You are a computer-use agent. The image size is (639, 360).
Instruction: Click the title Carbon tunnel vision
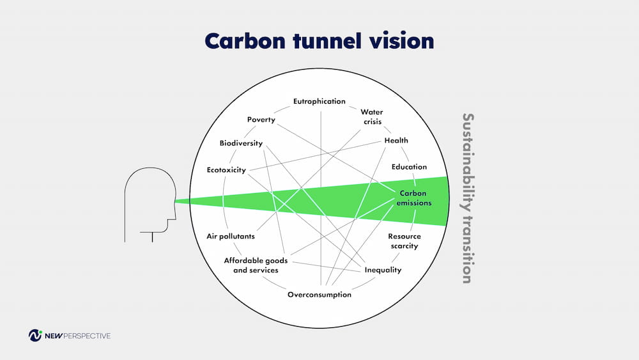point(319,41)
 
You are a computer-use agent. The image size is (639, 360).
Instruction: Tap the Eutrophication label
point(319,101)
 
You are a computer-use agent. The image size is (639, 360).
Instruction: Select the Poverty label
point(261,120)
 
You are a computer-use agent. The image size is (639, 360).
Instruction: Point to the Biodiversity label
point(241,143)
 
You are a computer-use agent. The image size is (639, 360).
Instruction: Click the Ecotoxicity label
point(226,170)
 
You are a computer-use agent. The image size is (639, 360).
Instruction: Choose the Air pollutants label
point(231,236)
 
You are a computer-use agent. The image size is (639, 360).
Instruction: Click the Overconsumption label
point(319,295)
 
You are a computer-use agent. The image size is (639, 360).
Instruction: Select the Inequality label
point(383,270)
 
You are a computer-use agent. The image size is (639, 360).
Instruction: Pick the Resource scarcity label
point(404,241)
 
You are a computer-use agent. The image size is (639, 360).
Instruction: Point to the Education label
point(409,167)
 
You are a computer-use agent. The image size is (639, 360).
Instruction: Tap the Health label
point(396,141)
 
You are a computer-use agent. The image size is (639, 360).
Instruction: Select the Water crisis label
point(371,116)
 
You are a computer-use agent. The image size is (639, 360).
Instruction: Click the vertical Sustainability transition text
point(468,198)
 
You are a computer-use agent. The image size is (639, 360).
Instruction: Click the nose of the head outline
point(174,201)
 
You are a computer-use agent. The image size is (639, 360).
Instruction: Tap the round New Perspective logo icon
point(35,335)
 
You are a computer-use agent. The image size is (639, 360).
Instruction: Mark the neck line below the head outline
point(152,238)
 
